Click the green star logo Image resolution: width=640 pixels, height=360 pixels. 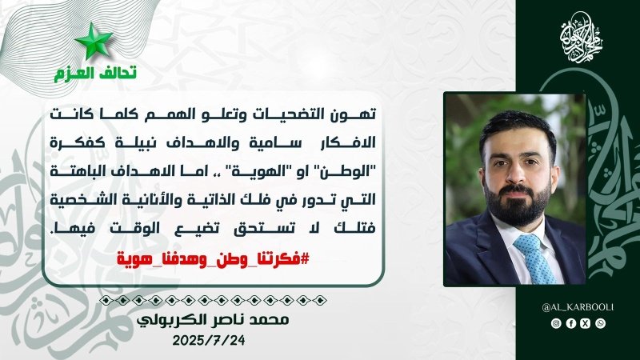click(x=94, y=42)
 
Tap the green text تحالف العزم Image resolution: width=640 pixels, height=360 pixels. click(x=95, y=73)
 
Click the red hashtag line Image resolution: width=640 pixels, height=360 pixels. click(x=213, y=258)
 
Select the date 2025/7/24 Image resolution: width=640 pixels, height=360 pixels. click(x=209, y=341)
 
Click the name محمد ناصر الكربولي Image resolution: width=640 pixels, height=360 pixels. click(x=213, y=319)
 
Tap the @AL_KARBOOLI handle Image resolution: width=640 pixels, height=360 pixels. click(x=578, y=307)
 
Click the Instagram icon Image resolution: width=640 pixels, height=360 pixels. click(x=556, y=323)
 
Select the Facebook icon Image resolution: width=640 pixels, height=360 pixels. click(x=570, y=323)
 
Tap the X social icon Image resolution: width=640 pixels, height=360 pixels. click(x=586, y=323)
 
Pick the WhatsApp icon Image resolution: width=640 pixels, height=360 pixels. click(x=601, y=323)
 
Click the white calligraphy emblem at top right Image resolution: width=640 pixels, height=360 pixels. click(x=581, y=37)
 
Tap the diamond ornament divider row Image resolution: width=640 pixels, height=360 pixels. click(x=213, y=301)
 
